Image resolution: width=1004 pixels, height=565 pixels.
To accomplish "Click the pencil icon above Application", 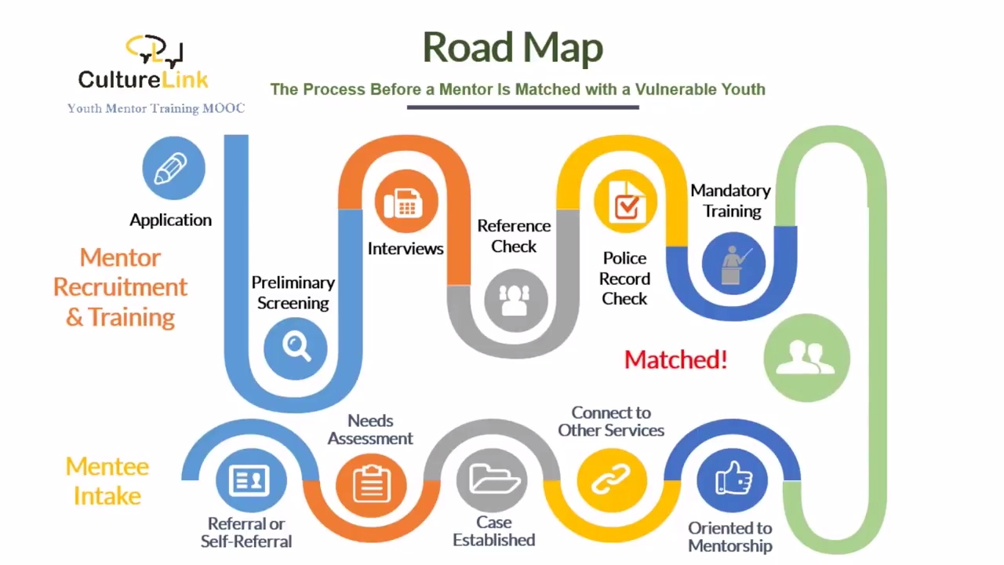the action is click(173, 168).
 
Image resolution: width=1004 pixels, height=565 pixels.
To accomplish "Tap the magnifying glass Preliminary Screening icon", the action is click(296, 346).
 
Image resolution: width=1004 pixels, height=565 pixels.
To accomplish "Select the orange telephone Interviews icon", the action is click(406, 203).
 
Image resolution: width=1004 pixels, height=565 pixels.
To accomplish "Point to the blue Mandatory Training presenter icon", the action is click(733, 263).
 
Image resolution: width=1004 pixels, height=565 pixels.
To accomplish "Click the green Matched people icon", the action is click(806, 358).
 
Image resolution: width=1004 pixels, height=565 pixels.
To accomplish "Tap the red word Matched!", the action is click(675, 359).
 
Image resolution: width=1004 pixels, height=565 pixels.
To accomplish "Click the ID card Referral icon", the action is click(249, 479).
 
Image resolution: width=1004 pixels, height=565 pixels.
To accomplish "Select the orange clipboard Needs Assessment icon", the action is click(371, 482).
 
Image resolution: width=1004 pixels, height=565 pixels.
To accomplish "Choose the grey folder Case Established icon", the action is click(493, 479).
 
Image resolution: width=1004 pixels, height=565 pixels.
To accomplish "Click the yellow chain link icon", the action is click(612, 479).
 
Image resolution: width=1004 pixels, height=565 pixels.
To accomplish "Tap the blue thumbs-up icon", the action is click(732, 479).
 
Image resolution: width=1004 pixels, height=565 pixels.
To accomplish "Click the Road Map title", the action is click(512, 48).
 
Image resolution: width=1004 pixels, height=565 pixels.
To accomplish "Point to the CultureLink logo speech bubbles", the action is click(155, 50).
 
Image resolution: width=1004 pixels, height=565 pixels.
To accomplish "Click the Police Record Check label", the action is click(624, 279).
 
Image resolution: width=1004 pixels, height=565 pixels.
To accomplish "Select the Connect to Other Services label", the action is click(611, 421).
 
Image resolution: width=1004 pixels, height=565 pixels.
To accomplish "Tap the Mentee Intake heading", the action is click(107, 481).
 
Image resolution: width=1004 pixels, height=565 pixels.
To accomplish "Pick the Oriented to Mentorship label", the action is click(730, 537).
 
